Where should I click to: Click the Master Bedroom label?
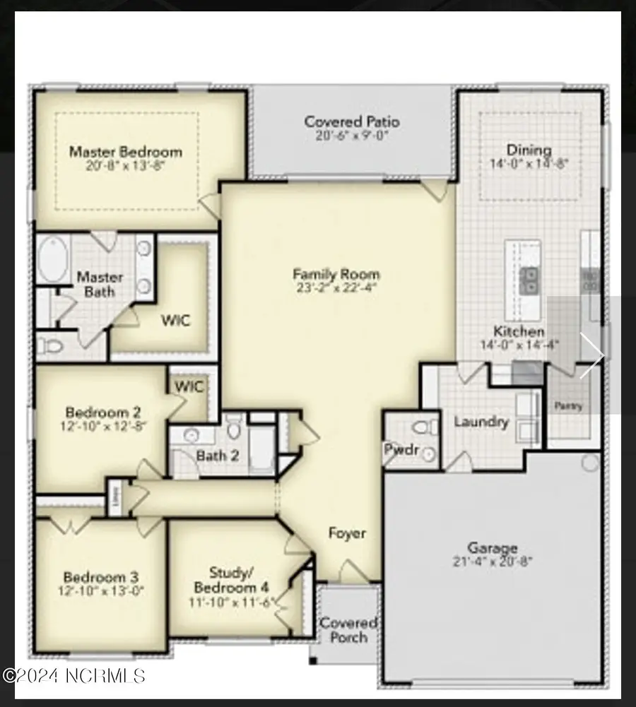click(x=125, y=151)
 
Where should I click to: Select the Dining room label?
click(x=529, y=150)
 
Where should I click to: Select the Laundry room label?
click(x=481, y=422)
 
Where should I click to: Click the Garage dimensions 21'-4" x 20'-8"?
click(x=493, y=562)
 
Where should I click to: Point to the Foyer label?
click(x=347, y=533)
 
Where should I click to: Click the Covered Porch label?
click(x=348, y=630)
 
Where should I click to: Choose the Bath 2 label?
click(x=217, y=456)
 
